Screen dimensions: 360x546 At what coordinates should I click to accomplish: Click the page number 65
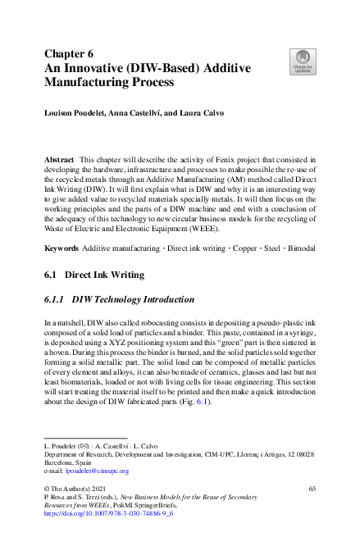[312, 488]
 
